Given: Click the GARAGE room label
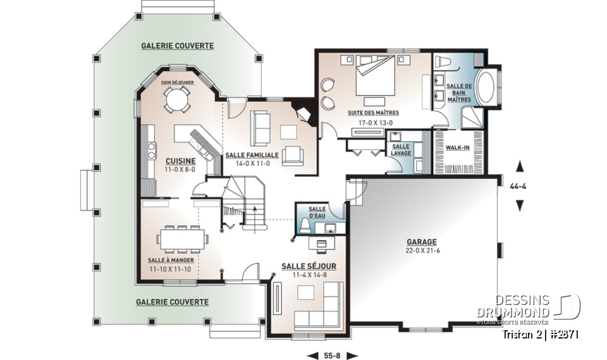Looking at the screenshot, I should click(422, 242).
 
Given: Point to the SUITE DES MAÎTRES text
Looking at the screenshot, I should click(373, 113).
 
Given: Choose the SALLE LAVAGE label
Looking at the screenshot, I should click(402, 150).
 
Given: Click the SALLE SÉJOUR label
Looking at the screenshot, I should click(309, 266).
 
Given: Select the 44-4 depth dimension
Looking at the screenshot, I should click(520, 187).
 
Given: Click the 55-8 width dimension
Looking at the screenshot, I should click(332, 355).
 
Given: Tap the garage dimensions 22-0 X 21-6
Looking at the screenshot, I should click(422, 251).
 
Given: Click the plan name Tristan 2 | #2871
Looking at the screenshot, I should click(540, 334).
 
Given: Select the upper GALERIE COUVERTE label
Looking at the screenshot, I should click(177, 46).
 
